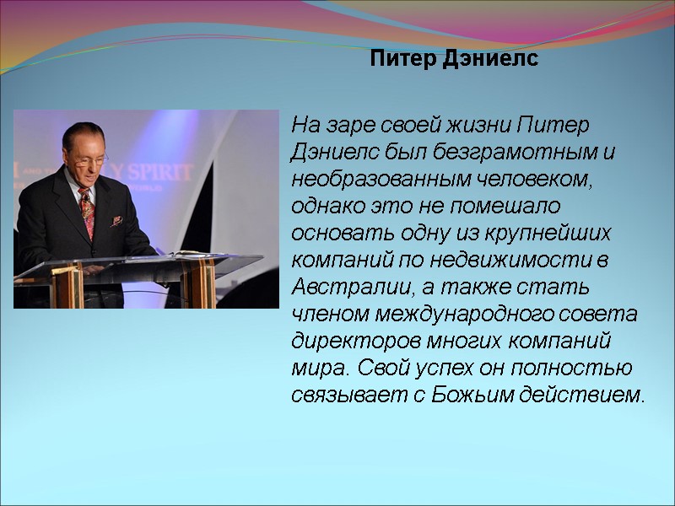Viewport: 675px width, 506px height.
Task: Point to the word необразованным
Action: tap(379, 180)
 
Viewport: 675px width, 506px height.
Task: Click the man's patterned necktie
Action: tap(87, 212)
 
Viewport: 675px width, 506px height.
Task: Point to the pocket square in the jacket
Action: tap(116, 221)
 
